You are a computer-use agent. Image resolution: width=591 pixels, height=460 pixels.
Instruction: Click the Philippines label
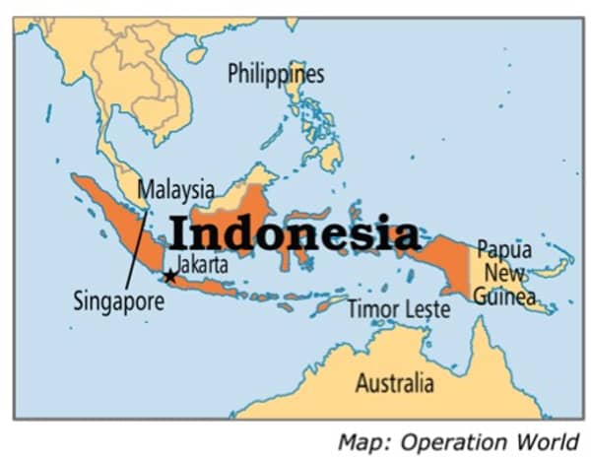pos(275,74)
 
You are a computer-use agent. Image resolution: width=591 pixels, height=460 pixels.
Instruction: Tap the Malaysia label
pos(175,188)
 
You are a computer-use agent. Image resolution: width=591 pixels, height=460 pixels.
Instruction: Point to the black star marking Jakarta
pos(170,276)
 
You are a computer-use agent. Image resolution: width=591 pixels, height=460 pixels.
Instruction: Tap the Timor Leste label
pos(399,309)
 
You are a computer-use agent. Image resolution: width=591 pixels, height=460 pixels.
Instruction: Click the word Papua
pos(504,250)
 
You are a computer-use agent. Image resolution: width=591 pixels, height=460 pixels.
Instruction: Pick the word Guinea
pos(503,296)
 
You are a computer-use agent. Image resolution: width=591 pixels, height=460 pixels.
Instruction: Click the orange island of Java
pos(212,285)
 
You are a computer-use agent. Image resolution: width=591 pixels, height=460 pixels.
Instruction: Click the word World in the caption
pos(549,440)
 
